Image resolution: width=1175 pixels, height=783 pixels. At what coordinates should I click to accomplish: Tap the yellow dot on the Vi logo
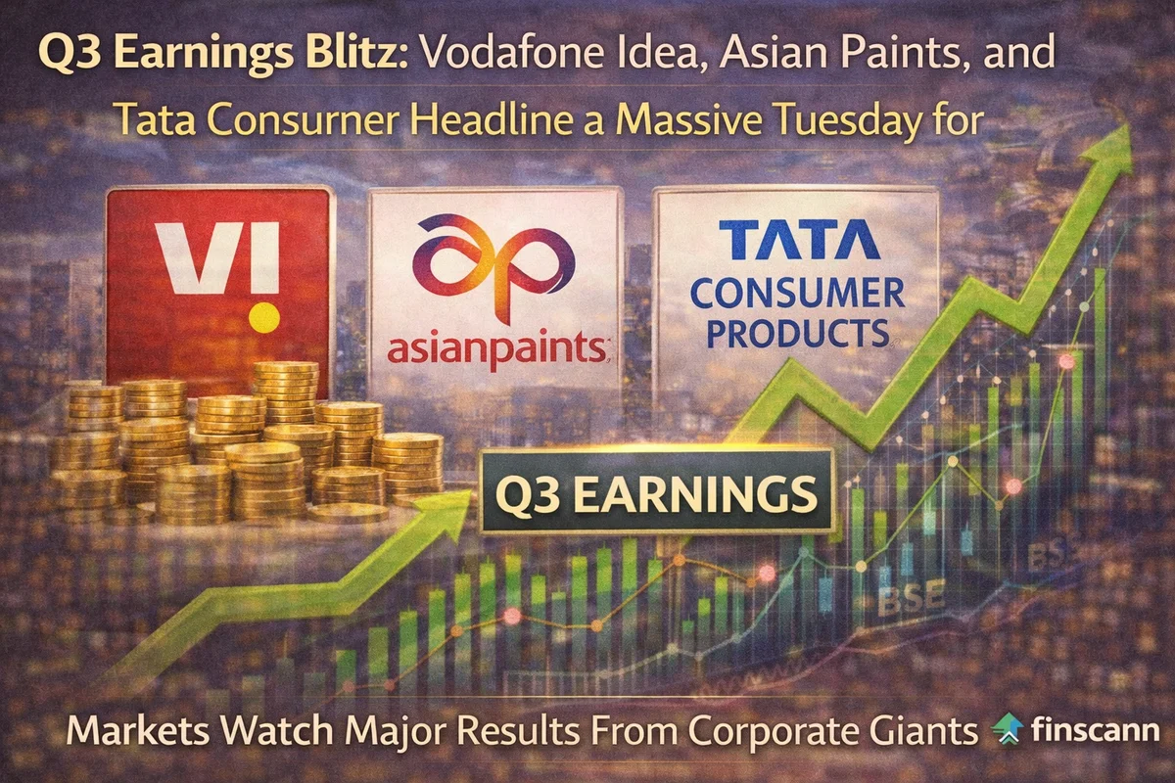click(261, 317)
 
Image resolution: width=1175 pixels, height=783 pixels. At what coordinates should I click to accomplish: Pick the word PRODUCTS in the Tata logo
click(794, 333)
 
